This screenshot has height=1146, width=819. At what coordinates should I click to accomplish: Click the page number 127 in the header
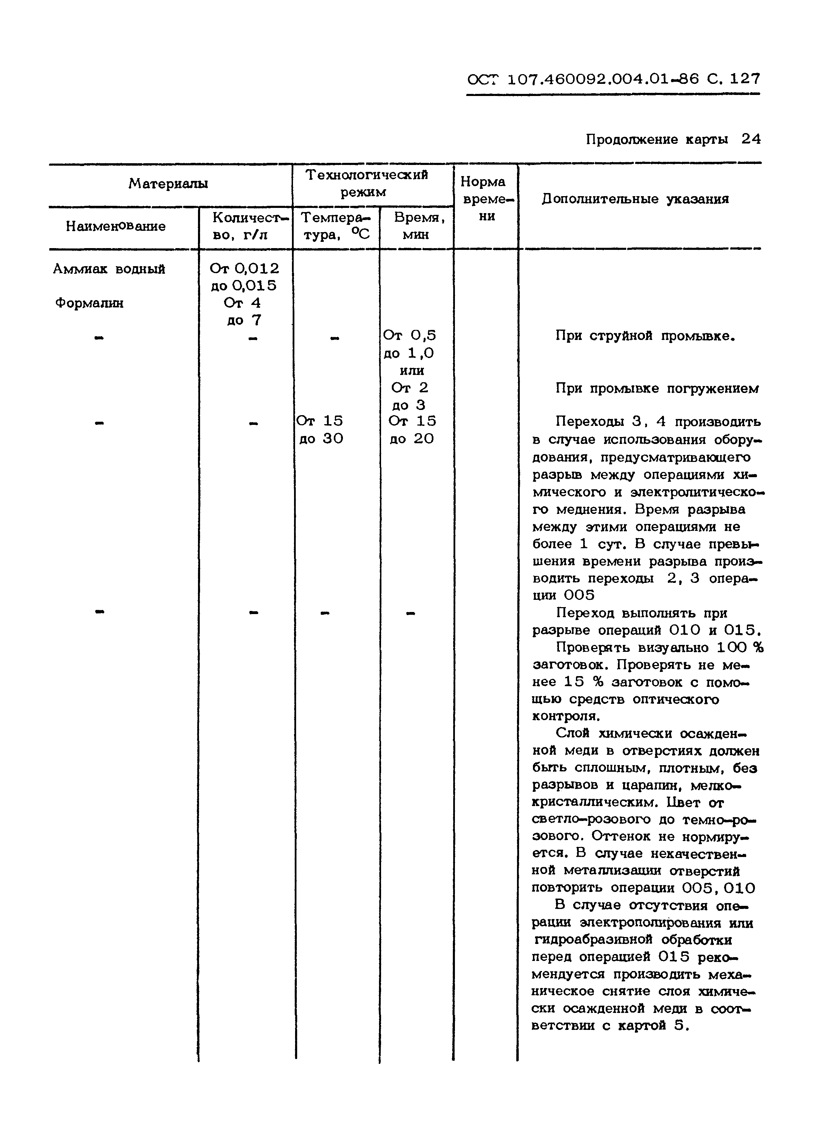(744, 79)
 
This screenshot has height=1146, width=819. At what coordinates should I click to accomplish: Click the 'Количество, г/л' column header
(247, 226)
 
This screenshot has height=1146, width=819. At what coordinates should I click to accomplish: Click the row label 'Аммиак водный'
(109, 269)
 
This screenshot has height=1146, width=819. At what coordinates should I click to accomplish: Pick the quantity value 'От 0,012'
(244, 269)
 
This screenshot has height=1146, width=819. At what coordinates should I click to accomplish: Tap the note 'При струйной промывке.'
(645, 336)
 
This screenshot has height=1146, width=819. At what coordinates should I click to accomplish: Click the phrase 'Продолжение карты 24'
(673, 140)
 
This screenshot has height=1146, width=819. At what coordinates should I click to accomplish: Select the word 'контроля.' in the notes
(559, 716)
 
